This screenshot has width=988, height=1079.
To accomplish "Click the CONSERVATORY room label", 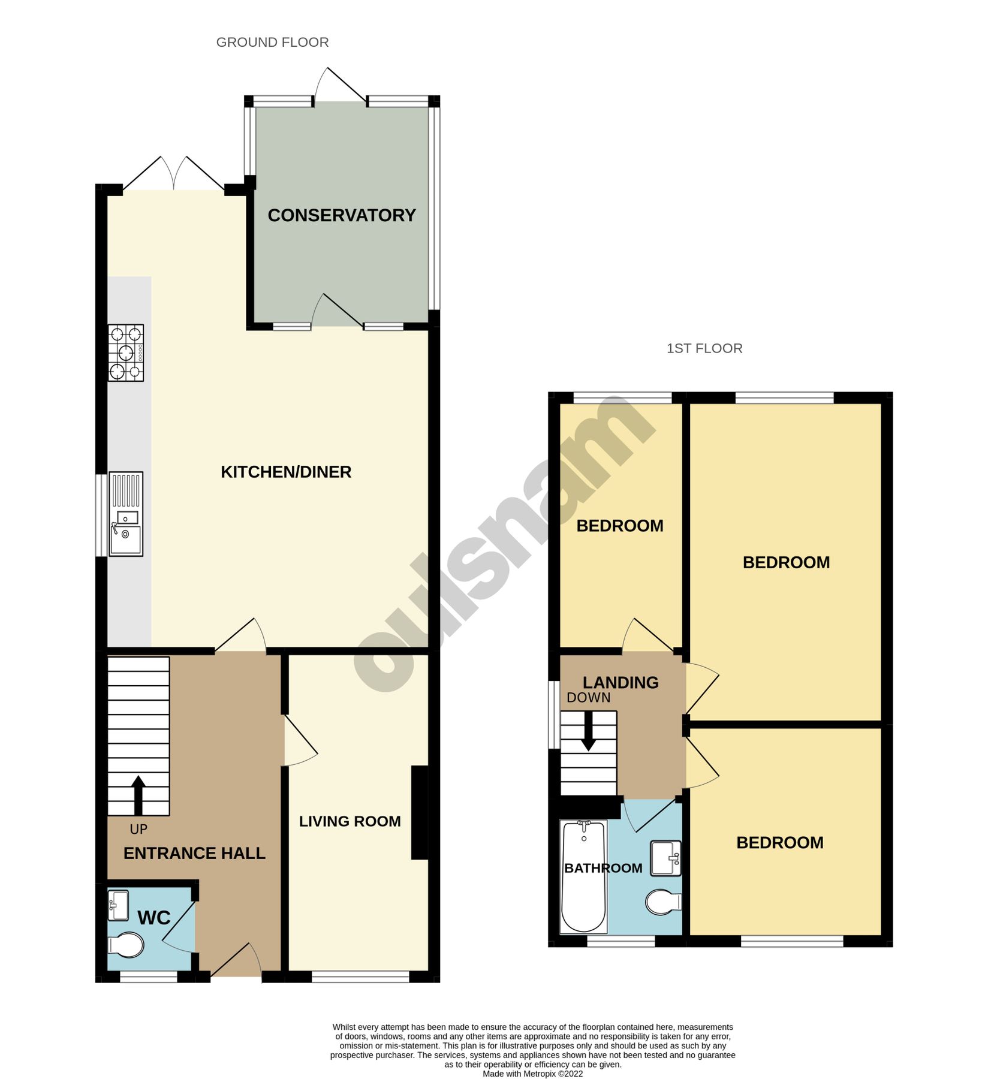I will point(341,215).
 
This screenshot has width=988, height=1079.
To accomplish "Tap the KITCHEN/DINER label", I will point(286,472).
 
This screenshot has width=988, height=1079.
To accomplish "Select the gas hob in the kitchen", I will point(126,352).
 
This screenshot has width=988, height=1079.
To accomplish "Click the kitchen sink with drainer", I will point(126,514).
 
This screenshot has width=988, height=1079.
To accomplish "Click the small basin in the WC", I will point(118,906).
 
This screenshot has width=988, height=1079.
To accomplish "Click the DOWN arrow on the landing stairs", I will point(589,730).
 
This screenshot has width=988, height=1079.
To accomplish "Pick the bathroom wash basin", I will point(665,858).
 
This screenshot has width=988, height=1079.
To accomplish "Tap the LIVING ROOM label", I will point(350,821).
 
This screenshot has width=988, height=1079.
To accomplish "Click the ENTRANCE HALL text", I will point(194,853).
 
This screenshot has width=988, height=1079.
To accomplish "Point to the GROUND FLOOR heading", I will point(272,43).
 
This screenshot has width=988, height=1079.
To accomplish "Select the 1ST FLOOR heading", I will point(704,348).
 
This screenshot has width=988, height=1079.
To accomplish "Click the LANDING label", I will point(620,682).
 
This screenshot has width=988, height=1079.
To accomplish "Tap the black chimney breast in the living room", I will point(420,813).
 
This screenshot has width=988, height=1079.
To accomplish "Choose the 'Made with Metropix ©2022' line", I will point(532,1074).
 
